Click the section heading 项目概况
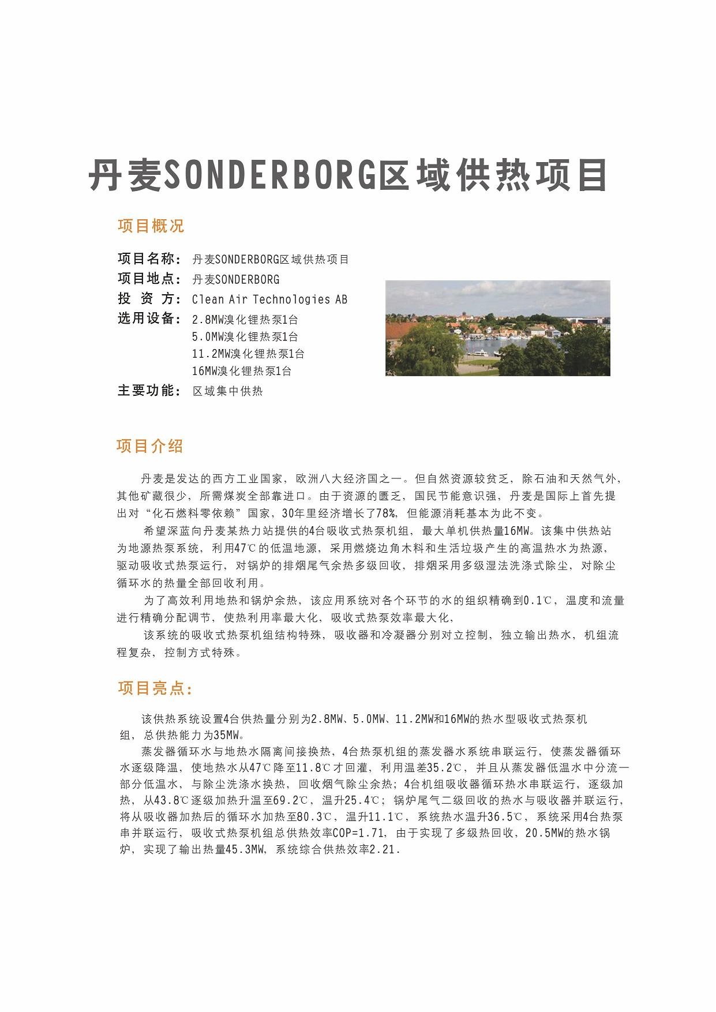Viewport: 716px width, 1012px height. coord(151,226)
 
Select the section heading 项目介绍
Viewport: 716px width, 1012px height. coord(150,446)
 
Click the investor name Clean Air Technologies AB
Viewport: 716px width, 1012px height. coord(269,299)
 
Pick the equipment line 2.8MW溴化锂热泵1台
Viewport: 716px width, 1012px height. coord(245,320)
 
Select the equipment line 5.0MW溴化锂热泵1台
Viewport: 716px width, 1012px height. coord(245,336)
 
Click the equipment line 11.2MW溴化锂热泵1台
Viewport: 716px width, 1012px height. coord(248,354)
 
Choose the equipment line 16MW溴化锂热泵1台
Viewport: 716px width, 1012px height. coord(242,371)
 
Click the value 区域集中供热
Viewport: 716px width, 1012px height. coord(227,391)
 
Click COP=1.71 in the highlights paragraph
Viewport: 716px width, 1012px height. coord(359,833)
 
